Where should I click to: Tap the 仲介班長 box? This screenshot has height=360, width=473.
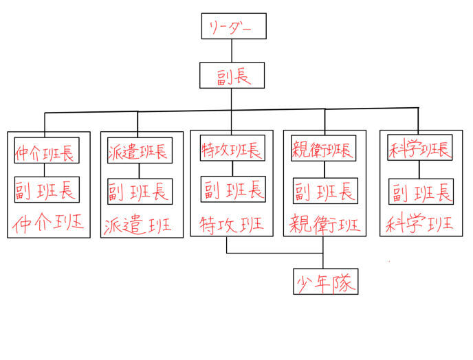[47, 151]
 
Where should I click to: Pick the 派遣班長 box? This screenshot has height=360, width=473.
[138, 151]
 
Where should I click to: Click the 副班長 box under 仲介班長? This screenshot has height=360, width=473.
[47, 189]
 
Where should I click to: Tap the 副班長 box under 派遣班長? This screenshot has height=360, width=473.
[140, 190]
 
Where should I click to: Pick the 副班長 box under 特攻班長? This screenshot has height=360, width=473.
[232, 189]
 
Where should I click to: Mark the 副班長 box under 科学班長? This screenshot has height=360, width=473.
[421, 191]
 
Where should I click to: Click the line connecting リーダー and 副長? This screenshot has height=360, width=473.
[232, 50]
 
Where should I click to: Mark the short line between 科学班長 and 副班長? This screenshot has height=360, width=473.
[419, 170]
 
